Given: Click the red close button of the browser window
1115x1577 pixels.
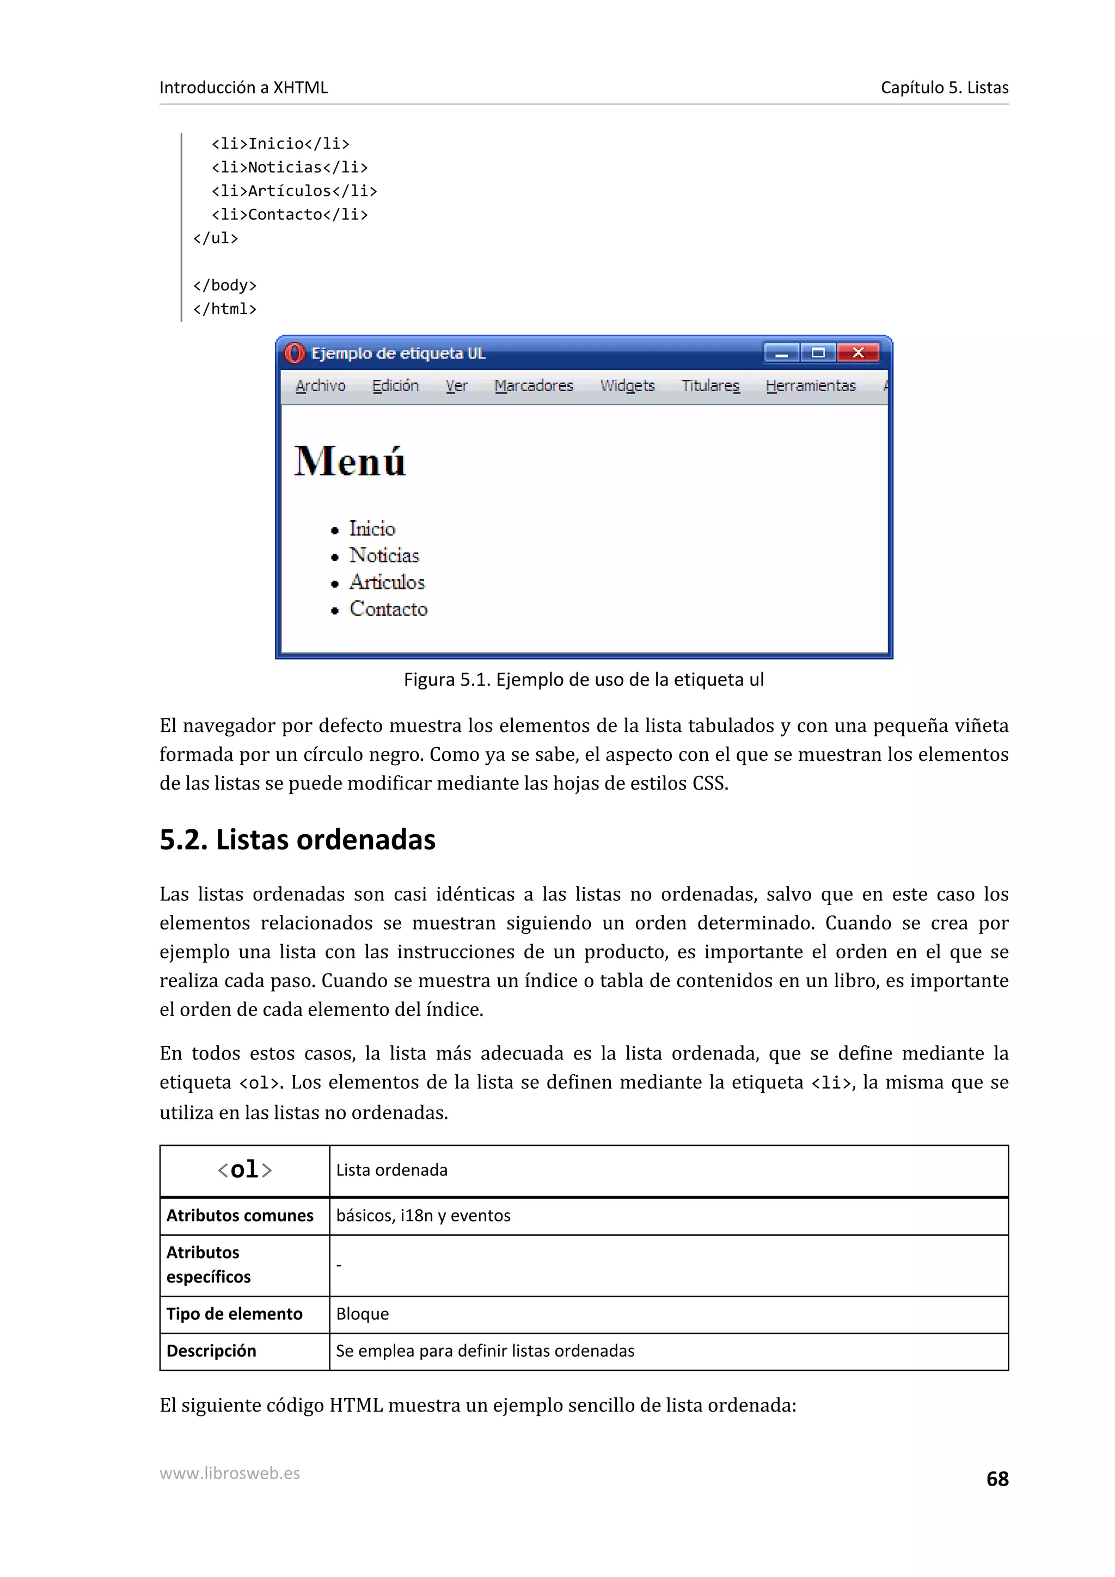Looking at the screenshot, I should pyautogui.click(x=857, y=353).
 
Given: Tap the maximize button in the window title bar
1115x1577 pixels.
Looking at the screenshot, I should pyautogui.click(x=818, y=353).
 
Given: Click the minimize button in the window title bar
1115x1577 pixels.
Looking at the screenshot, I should pyautogui.click(x=781, y=353).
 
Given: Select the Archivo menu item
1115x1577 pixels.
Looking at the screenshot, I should pyautogui.click(x=320, y=386).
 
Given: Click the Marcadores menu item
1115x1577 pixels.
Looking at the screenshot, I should pyautogui.click(x=534, y=386).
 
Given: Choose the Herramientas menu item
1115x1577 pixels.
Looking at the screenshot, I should pyautogui.click(x=811, y=386).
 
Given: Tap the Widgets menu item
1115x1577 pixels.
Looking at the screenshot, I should pyautogui.click(x=627, y=386).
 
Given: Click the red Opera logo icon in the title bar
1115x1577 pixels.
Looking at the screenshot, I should pyautogui.click(x=294, y=353).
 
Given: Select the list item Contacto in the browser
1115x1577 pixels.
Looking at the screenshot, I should pyautogui.click(x=388, y=609).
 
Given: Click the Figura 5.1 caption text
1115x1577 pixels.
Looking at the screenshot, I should pyautogui.click(x=583, y=680).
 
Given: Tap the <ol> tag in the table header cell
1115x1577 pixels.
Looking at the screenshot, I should pyautogui.click(x=244, y=1170).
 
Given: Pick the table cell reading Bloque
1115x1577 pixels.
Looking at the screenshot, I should pyautogui.click(x=363, y=1314).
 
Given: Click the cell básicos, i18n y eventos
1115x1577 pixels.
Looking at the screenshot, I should pyautogui.click(x=423, y=1216).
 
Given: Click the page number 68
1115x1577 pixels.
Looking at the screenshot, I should pyautogui.click(x=997, y=1479).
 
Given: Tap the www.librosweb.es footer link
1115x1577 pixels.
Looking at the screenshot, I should pyautogui.click(x=229, y=1473).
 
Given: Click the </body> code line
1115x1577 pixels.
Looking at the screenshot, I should pyautogui.click(x=225, y=286).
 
